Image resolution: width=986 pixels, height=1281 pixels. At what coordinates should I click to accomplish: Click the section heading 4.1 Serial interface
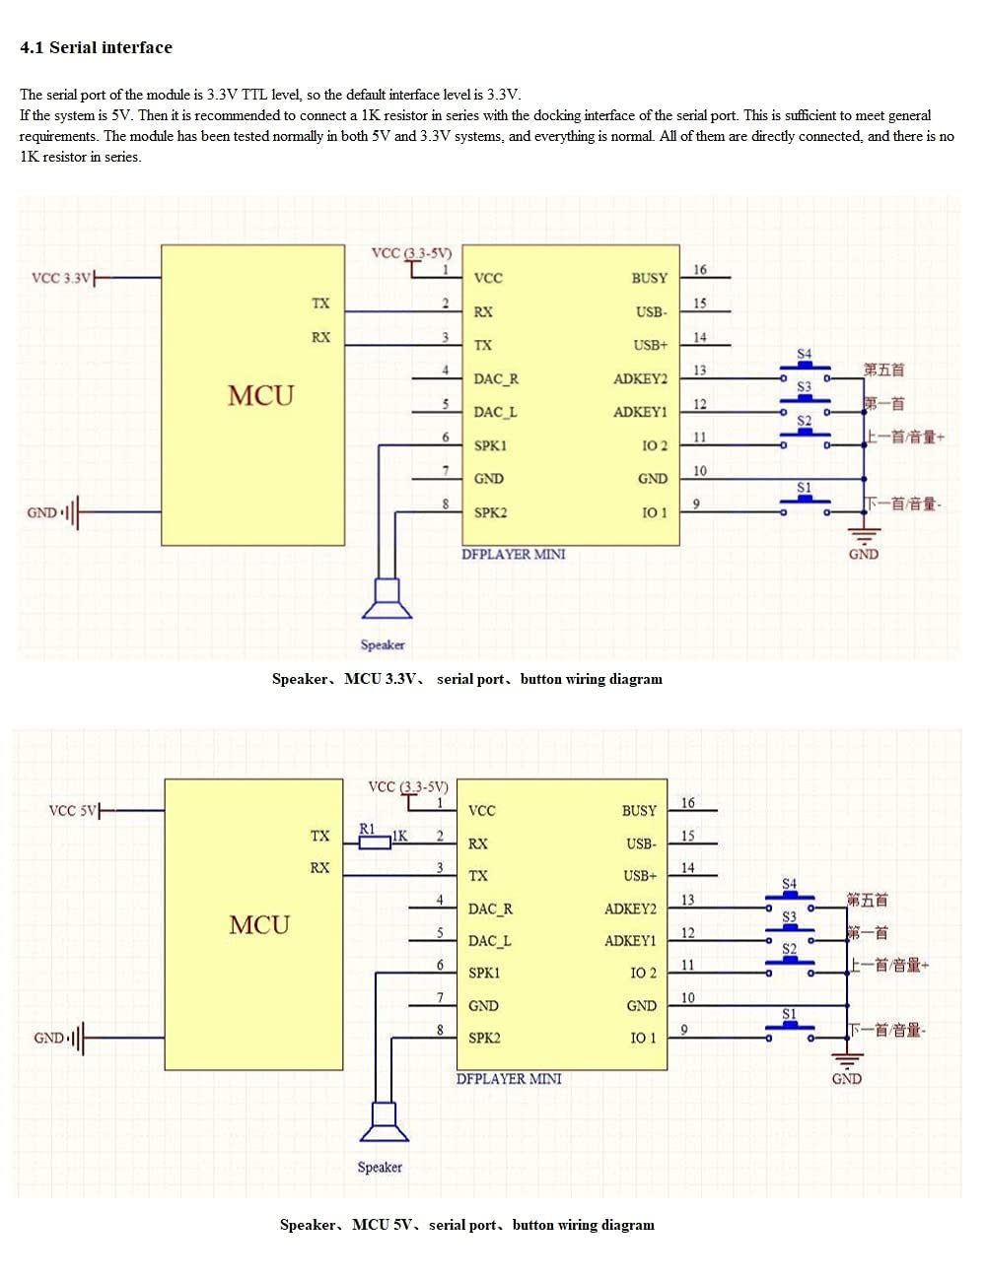(x=96, y=47)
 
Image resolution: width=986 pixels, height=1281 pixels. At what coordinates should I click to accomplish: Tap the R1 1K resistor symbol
(x=375, y=843)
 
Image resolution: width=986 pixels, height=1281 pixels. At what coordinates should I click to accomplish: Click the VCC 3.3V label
(x=61, y=278)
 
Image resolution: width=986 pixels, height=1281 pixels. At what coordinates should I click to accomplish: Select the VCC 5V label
(x=73, y=810)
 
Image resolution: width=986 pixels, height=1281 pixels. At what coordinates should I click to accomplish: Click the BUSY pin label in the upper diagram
(x=649, y=278)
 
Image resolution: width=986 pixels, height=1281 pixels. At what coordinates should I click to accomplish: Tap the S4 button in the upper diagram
(x=805, y=369)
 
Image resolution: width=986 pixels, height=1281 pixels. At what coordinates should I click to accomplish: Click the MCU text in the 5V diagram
(x=259, y=924)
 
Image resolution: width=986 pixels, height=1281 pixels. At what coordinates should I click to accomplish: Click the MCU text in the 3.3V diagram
(x=260, y=395)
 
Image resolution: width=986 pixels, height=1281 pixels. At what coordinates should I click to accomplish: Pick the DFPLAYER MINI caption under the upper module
(x=514, y=554)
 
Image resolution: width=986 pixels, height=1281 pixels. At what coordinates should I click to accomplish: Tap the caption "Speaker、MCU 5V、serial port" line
(x=466, y=1225)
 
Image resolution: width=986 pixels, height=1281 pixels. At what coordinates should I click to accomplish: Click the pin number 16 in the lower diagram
(x=687, y=803)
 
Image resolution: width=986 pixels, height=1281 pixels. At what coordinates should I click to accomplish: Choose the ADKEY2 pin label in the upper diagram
(x=640, y=378)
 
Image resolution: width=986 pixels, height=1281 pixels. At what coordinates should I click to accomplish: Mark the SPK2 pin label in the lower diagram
(x=484, y=1038)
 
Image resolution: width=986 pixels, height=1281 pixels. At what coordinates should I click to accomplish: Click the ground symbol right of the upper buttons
(x=864, y=537)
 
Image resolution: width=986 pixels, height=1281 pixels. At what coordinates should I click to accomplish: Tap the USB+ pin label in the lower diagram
(x=639, y=875)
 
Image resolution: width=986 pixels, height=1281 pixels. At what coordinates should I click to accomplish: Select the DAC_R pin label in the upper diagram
(x=496, y=378)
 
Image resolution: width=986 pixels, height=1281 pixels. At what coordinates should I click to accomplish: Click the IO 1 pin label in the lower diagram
(x=643, y=1038)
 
